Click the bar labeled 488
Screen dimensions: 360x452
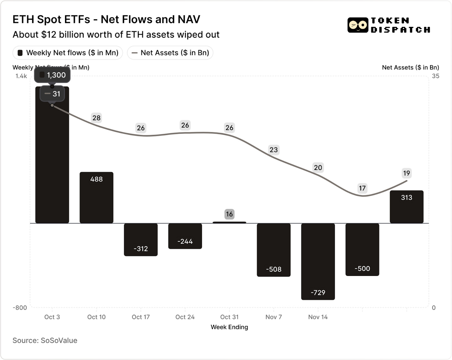tap(96, 197)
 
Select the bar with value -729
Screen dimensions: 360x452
tap(318, 261)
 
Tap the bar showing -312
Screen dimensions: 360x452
tap(141, 239)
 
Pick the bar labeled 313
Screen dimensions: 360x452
tap(406, 207)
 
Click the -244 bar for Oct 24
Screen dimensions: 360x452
tap(185, 236)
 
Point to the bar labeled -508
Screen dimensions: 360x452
tap(274, 250)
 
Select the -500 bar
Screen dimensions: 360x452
tap(362, 249)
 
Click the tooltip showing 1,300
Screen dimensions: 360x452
tap(52, 75)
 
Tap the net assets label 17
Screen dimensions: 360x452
tap(362, 188)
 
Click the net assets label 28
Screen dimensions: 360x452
tap(96, 118)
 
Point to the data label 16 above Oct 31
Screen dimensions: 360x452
tap(229, 214)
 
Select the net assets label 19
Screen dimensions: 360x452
tap(406, 173)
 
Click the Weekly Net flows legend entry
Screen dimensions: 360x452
tap(68, 53)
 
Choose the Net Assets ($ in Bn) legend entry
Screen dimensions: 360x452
tap(170, 53)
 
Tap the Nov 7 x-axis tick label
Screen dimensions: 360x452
tap(274, 317)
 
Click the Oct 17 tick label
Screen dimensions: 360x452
tap(141, 317)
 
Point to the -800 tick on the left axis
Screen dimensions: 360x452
tap(20, 307)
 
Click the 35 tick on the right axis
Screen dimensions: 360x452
tap(435, 76)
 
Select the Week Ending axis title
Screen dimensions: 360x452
tap(229, 327)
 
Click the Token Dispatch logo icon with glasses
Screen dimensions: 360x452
tap(358, 25)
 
